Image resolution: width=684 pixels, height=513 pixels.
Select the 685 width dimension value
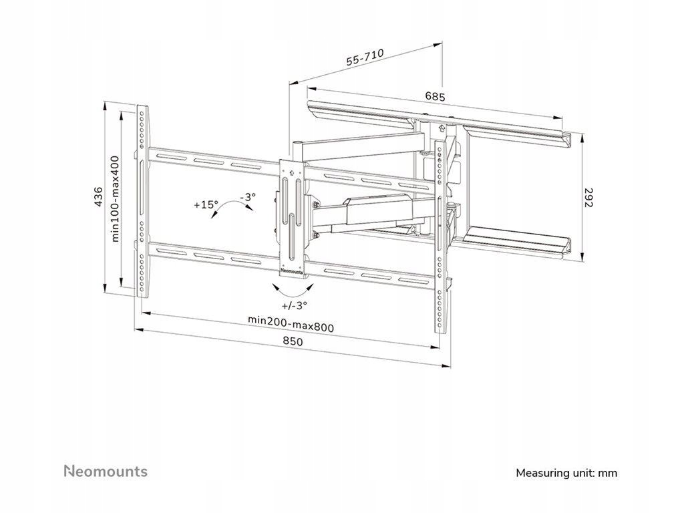pyautogui.click(x=435, y=96)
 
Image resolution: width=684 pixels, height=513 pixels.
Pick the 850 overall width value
pyautogui.click(x=293, y=341)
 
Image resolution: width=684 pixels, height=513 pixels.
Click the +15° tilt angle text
pyautogui.click(x=206, y=205)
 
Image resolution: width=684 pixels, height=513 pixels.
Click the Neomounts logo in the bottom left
pyautogui.click(x=106, y=471)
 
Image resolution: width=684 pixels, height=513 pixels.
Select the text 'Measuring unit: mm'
pyautogui.click(x=566, y=473)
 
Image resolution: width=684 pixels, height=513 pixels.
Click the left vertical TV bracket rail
pyautogui.click(x=142, y=200)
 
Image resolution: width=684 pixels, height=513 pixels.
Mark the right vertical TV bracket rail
pyautogui.click(x=440, y=234)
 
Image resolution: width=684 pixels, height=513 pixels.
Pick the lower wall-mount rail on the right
pyautogui.click(x=518, y=242)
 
